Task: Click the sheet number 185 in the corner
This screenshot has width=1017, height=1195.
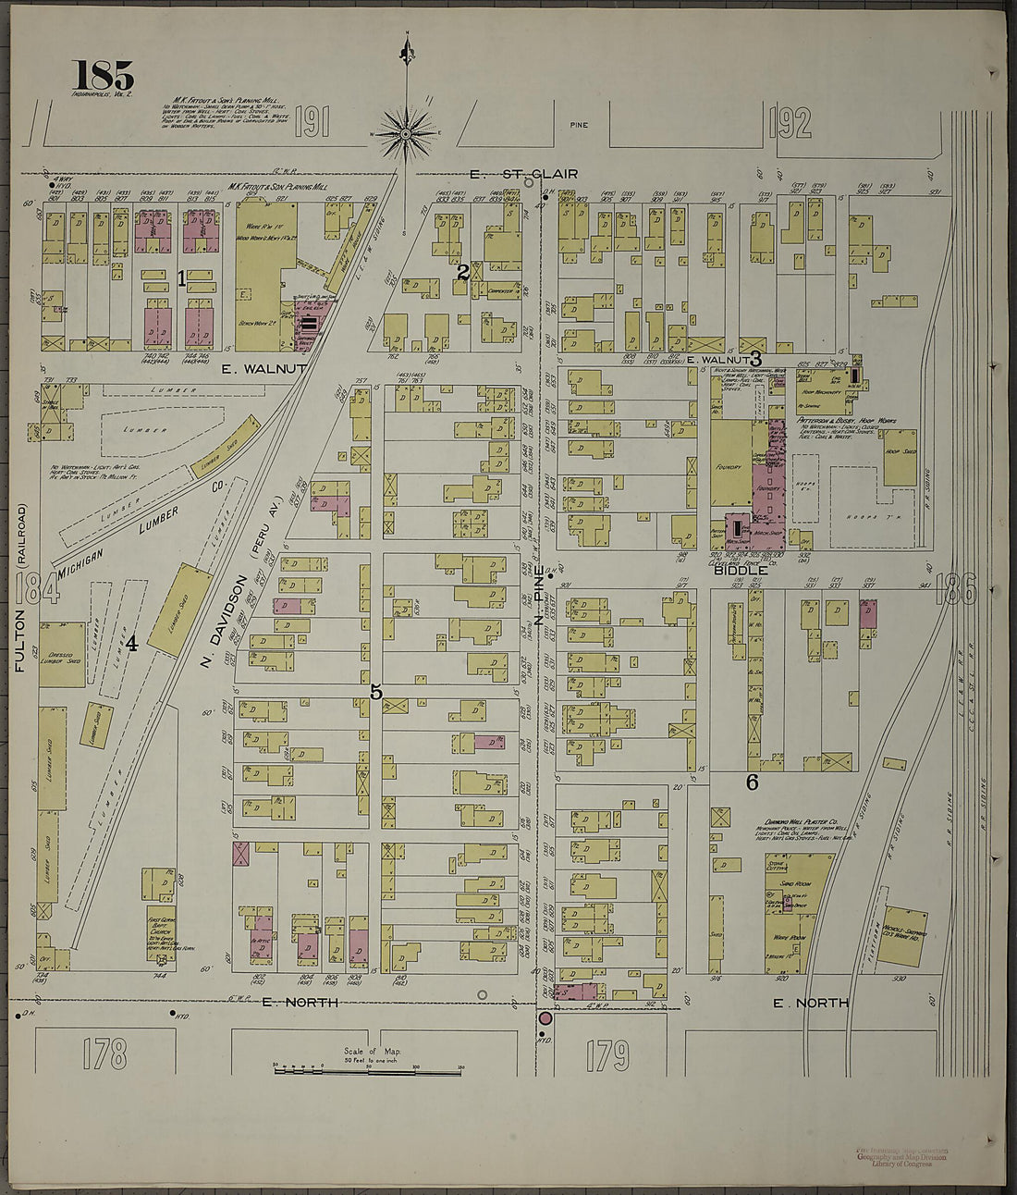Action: pyautogui.click(x=103, y=76)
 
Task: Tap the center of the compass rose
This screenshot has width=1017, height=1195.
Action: pyautogui.click(x=405, y=135)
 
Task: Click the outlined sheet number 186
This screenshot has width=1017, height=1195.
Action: pyautogui.click(x=956, y=589)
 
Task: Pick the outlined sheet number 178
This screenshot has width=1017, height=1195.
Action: pyautogui.click(x=104, y=1053)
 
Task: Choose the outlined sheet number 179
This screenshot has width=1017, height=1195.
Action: pyautogui.click(x=607, y=1053)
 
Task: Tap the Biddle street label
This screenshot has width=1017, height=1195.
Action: pyautogui.click(x=740, y=572)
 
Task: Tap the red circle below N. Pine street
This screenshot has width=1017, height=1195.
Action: pyautogui.click(x=545, y=1018)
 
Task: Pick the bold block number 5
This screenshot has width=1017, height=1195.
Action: pyautogui.click(x=375, y=692)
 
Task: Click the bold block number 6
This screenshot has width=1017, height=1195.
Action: pyautogui.click(x=752, y=782)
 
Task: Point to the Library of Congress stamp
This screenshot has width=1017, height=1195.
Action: pyautogui.click(x=901, y=1157)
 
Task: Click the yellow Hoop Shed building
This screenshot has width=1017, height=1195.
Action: pyautogui.click(x=900, y=458)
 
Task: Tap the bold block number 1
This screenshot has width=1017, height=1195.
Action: pyautogui.click(x=182, y=277)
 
